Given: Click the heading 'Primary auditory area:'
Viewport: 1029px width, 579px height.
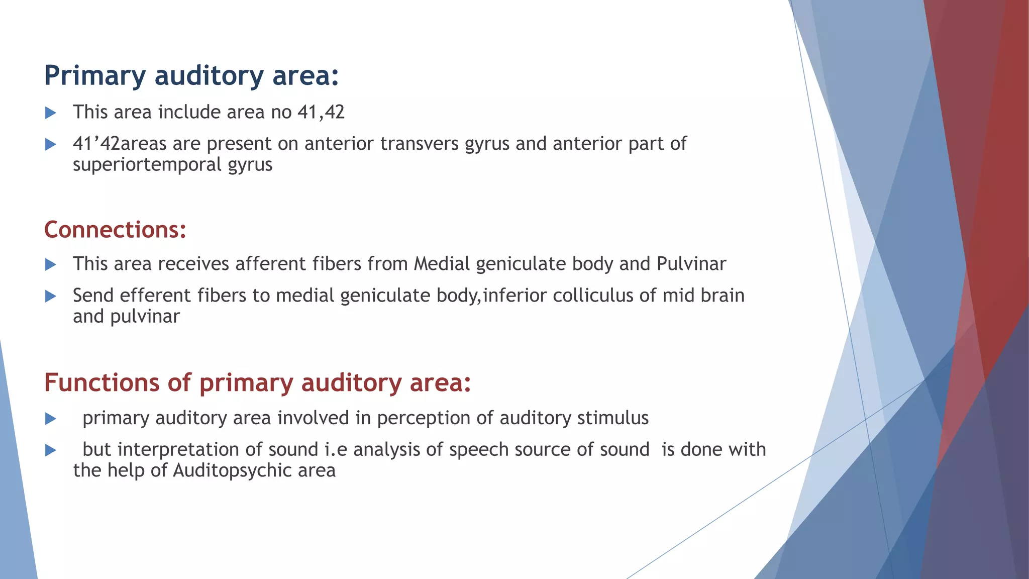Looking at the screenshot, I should click(191, 75).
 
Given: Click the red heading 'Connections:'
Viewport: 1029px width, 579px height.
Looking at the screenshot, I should click(115, 230).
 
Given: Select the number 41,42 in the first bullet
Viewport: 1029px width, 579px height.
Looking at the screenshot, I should click(321, 112).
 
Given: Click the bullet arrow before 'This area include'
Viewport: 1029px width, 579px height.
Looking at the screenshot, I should click(50, 113).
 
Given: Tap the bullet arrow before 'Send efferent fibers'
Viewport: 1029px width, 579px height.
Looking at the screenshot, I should click(50, 296).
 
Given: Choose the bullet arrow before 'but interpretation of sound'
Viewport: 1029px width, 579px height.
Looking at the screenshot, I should click(50, 450).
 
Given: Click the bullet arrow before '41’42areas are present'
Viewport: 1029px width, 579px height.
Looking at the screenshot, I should click(50, 145).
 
